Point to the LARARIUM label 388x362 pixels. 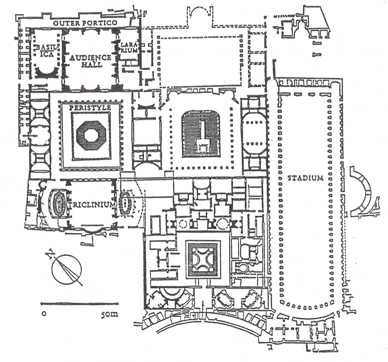[x=131, y=47]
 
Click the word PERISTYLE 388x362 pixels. [x=94, y=108]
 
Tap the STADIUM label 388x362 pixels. [x=305, y=178]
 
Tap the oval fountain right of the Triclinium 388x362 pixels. [x=127, y=203]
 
